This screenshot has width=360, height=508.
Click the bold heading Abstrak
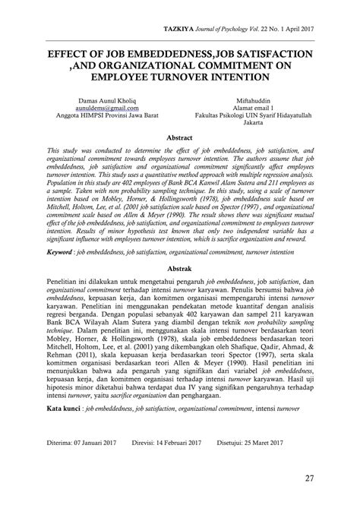(180, 268)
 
